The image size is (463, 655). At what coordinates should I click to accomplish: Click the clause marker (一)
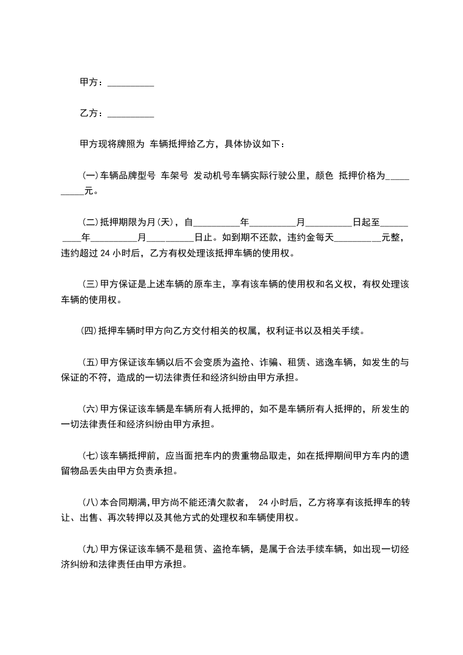pyautogui.click(x=90, y=175)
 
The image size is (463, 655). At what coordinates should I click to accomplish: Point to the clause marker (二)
pyautogui.click(x=90, y=222)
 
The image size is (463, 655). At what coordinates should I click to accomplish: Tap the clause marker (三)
pyautogui.click(x=90, y=284)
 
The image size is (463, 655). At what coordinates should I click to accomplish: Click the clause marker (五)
pyautogui.click(x=90, y=363)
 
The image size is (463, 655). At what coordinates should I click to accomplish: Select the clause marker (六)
pyautogui.click(x=90, y=409)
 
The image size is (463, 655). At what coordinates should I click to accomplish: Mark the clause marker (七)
pyautogui.click(x=90, y=455)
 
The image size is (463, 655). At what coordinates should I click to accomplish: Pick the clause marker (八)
pyautogui.click(x=90, y=502)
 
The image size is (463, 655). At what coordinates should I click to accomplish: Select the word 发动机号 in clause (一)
pyautogui.click(x=212, y=175)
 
